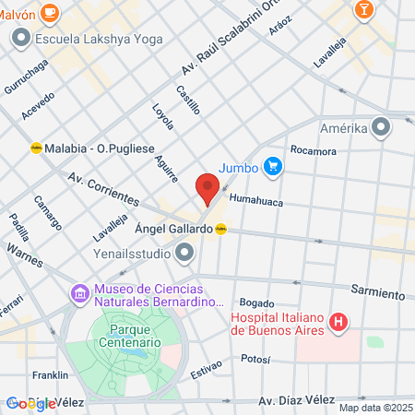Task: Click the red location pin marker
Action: click(207, 189)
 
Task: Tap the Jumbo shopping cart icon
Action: click(271, 167)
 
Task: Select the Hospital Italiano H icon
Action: click(339, 322)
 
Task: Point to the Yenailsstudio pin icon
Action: click(186, 251)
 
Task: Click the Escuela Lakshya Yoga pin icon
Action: click(19, 38)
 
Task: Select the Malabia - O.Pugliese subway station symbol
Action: click(36, 147)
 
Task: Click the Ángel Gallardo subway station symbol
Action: click(221, 230)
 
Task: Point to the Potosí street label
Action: click(255, 356)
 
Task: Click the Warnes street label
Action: click(25, 249)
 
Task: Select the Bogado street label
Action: click(257, 302)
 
